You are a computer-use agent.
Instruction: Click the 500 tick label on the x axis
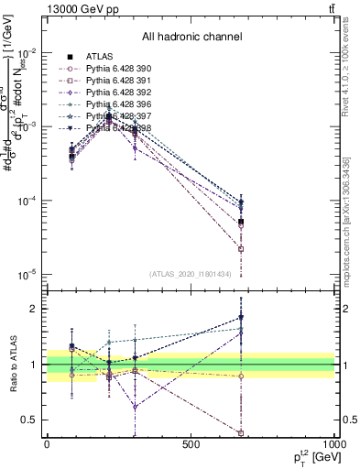click(191, 443)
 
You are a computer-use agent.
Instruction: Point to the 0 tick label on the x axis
click(47, 443)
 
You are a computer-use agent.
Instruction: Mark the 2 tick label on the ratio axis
click(36, 309)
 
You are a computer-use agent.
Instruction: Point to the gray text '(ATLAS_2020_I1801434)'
click(191, 274)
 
